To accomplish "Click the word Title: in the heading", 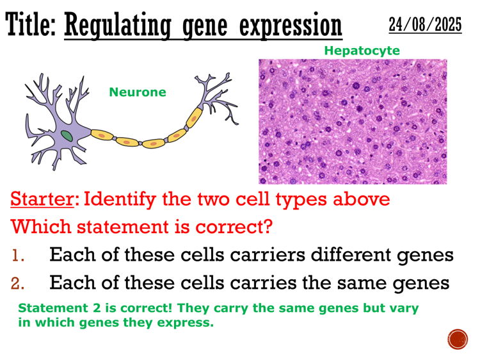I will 32,26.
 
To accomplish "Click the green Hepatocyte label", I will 362,50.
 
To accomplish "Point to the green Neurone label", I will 137,92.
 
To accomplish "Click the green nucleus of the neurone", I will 67,135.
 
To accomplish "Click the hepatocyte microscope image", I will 353,122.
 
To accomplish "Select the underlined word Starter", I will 42,199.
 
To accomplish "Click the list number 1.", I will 19,255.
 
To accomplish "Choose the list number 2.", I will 19,282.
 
